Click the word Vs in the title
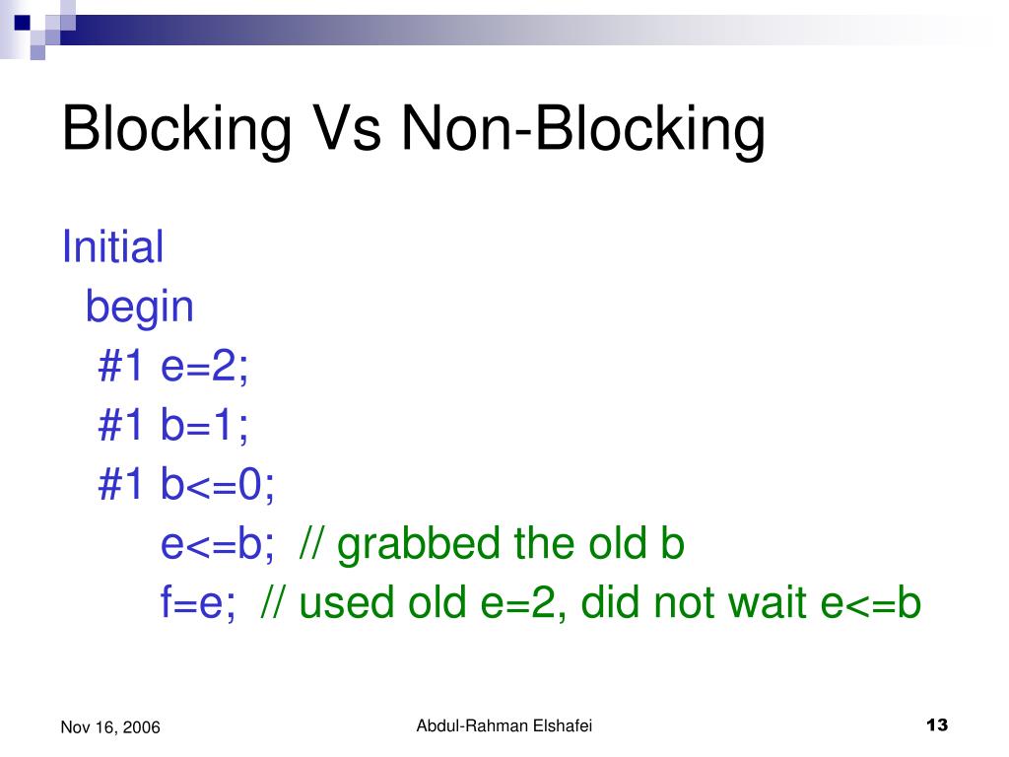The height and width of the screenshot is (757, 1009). click(x=348, y=130)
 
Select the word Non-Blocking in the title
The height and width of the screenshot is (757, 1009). click(x=582, y=130)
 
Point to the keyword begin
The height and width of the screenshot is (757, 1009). click(x=140, y=307)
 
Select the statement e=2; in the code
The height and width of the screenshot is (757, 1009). click(x=206, y=367)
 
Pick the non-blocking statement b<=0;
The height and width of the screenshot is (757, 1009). click(x=218, y=485)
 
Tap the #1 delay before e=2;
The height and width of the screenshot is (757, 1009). click(x=123, y=367)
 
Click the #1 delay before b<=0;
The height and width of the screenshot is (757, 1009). click(x=123, y=485)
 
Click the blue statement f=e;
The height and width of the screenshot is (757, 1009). click(x=198, y=603)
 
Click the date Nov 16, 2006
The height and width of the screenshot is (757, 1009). click(x=110, y=727)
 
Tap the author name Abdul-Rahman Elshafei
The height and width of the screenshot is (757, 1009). click(x=504, y=726)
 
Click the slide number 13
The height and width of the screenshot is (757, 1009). click(x=937, y=726)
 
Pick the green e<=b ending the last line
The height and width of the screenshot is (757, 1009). click(x=871, y=603)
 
